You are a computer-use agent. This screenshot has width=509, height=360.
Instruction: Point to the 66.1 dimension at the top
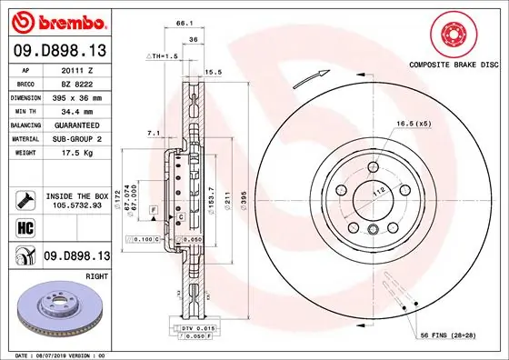pos(184,21)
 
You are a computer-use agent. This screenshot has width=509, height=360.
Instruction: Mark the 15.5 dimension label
pos(215,71)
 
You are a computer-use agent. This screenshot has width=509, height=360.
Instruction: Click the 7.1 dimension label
pos(153,135)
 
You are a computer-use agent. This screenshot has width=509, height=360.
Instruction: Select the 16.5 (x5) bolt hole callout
pos(414,122)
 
